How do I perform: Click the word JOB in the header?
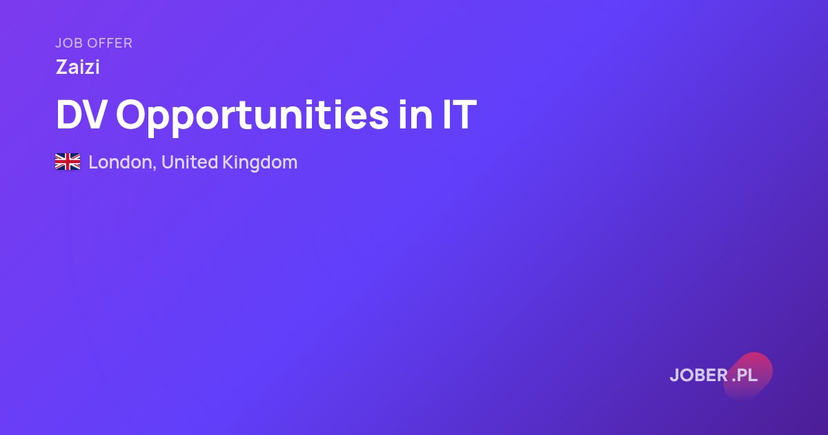pos(69,43)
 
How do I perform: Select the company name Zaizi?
pos(77,67)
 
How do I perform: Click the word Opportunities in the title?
pos(253,117)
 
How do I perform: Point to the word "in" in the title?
pos(415,115)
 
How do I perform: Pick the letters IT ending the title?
pos(460,115)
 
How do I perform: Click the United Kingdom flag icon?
pos(68,162)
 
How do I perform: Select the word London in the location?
pos(123,162)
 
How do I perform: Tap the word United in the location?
pos(190,162)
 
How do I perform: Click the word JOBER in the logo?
pos(699,375)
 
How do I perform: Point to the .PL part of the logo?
pos(745,375)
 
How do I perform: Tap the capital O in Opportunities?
pos(132,115)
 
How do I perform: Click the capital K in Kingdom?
pos(229,162)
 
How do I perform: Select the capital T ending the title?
pos(464,115)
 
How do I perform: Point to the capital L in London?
pos(94,162)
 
